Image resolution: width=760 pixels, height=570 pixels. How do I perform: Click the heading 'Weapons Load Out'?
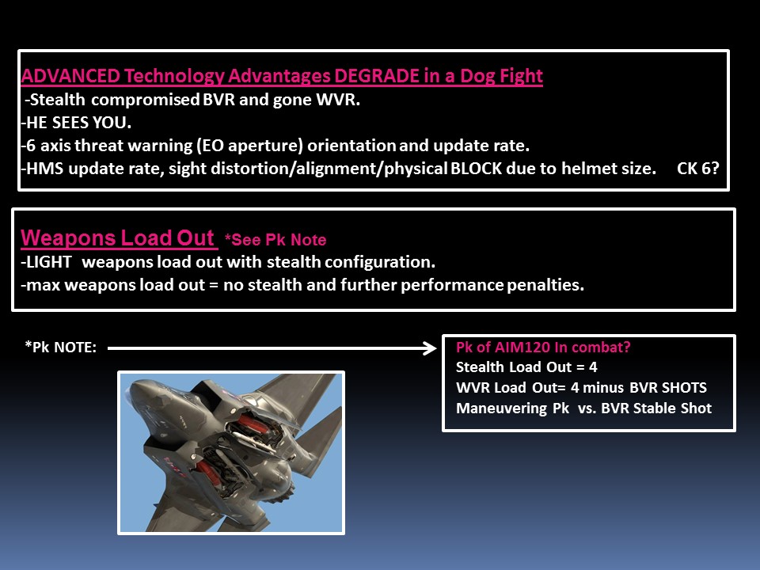[x=117, y=238]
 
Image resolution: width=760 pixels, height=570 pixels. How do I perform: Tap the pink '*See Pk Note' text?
[x=275, y=239]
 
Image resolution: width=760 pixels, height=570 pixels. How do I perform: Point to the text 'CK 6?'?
[x=698, y=168]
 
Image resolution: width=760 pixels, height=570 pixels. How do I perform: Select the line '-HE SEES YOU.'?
[x=76, y=123]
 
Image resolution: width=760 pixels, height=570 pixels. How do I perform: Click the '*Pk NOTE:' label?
[x=61, y=347]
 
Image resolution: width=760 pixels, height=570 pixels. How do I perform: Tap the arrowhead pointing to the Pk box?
[x=429, y=348]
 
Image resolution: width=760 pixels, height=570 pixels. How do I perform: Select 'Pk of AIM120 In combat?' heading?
[x=543, y=347]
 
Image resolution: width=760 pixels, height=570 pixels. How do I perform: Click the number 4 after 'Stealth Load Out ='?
[x=593, y=367]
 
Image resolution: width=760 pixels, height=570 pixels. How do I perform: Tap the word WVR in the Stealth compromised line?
[x=338, y=100]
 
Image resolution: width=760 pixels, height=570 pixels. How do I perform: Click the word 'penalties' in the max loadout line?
[x=545, y=285]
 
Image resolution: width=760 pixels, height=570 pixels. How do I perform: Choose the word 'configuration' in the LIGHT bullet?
[x=380, y=262]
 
